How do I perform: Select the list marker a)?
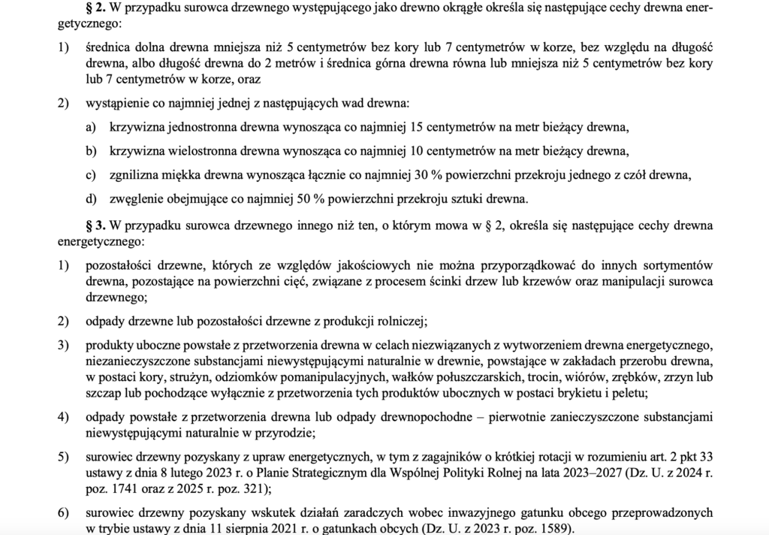[92, 125]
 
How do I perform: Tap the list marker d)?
[92, 199]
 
